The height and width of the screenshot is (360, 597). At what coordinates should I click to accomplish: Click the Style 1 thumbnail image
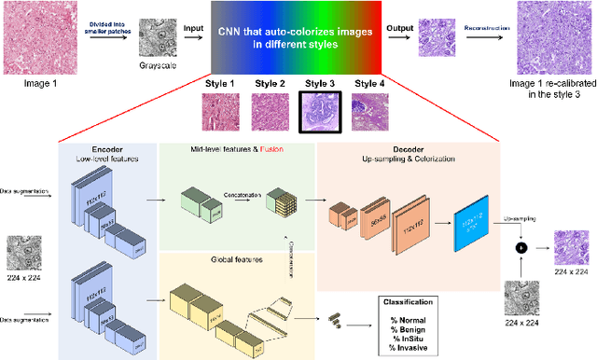(x=221, y=109)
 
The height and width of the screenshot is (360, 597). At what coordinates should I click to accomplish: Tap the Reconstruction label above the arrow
(x=487, y=28)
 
